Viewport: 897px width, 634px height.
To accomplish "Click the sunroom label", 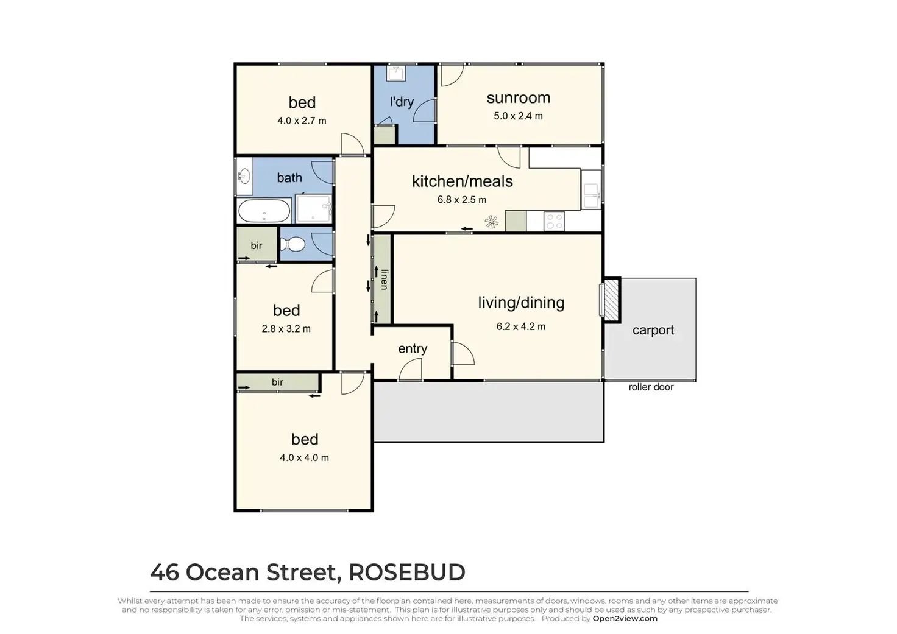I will (518, 98).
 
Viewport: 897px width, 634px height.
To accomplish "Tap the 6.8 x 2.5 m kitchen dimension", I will (461, 200).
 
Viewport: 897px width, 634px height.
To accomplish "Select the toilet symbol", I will (293, 244).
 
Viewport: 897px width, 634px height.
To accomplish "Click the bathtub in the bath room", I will (264, 211).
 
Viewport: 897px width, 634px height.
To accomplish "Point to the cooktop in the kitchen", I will (554, 221).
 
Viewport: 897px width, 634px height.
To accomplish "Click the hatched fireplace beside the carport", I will (611, 300).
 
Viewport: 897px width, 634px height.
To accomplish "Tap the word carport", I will (653, 330).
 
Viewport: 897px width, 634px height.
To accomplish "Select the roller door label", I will (651, 387).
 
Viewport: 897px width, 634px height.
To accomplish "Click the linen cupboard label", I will (383, 279).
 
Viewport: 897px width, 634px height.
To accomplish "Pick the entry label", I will (413, 348).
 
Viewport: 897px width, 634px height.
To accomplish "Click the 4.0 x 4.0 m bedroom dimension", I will (304, 458).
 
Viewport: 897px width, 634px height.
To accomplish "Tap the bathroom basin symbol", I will (244, 177).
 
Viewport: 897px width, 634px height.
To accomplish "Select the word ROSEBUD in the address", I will (406, 572).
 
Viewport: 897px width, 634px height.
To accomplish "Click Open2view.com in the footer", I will (625, 619).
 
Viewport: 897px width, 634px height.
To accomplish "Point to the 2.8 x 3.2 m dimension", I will (286, 329).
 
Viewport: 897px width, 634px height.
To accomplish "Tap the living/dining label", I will (520, 303).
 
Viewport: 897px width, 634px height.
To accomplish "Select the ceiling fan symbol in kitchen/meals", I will (491, 222).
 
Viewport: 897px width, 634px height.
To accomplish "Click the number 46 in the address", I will (165, 572).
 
